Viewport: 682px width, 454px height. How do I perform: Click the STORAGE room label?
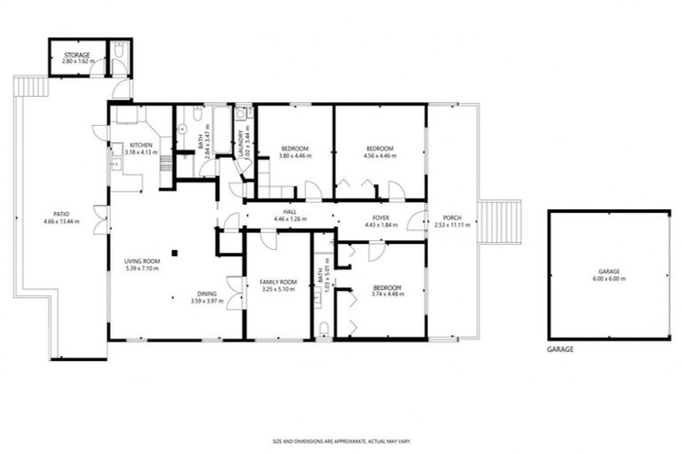[76, 55]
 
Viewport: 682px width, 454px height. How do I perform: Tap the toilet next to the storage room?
[120, 58]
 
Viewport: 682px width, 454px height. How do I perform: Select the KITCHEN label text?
[141, 145]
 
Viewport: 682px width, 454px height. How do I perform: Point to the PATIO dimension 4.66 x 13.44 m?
[60, 221]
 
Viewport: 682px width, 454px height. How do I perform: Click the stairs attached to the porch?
[501, 221]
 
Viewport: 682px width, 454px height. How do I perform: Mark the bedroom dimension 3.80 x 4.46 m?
[295, 155]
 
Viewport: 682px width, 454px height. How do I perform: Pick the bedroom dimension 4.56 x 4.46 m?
[380, 155]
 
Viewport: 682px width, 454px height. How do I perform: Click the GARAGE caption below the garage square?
[559, 349]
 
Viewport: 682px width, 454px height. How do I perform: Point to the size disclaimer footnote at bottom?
[341, 441]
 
